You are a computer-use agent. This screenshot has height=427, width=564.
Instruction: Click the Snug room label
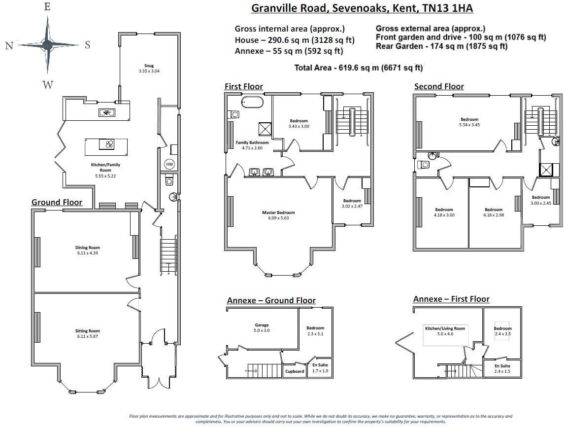pos(149,66)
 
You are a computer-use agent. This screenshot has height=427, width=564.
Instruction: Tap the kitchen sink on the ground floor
pos(106,113)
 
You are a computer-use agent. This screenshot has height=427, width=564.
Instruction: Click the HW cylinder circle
pos(169,164)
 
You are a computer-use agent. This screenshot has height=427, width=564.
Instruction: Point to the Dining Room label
pos(87,248)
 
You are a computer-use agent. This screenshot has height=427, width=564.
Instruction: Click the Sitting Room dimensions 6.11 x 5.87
pos(87,336)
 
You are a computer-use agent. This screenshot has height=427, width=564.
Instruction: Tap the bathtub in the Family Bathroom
pos(252,102)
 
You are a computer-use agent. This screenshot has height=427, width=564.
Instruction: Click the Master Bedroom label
pos(278,213)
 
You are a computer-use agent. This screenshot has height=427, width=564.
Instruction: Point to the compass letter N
pos(9,45)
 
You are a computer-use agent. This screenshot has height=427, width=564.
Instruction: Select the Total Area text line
pos(358,68)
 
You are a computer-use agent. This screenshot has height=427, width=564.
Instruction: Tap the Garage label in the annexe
pos(262,325)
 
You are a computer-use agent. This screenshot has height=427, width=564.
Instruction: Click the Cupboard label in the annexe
pos(295,371)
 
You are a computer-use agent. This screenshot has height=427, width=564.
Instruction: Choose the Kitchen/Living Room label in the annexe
pos(445,328)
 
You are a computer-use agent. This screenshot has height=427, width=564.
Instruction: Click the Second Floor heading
pos(439,86)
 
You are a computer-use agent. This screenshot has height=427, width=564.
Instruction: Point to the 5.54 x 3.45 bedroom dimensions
pos(469,125)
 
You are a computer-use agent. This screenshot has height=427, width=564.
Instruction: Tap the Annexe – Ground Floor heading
pos(271,300)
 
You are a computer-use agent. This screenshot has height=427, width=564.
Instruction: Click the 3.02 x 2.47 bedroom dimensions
pos(352,206)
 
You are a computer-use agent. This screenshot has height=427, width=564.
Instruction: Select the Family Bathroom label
pos(252,142)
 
